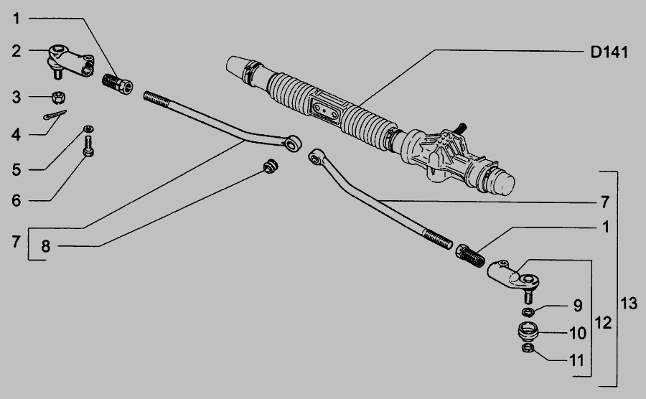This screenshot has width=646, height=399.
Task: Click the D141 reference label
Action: tap(609, 52)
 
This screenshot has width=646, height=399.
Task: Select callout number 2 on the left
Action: tap(16, 51)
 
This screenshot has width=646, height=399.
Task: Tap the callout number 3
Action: tap(16, 98)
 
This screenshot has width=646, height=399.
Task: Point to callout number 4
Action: tap(16, 134)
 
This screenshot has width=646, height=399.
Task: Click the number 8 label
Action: tap(45, 246)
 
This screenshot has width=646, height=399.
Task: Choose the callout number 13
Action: tap(629, 304)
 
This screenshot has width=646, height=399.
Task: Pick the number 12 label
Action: tap(604, 323)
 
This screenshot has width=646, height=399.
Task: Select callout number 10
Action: tap(578, 333)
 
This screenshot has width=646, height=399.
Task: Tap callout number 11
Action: tap(577, 360)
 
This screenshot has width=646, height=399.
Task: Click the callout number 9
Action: tap(578, 306)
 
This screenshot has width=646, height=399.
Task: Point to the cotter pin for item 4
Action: tap(55, 115)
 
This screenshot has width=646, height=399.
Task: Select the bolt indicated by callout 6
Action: tap(88, 147)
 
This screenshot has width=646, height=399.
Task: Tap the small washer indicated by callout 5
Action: tap(88, 129)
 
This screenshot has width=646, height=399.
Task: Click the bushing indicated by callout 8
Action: tap(271, 166)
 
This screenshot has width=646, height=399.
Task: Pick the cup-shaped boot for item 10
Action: tap(528, 331)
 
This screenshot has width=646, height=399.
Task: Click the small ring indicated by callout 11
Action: tap(528, 348)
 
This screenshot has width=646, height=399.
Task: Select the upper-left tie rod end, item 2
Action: tap(71, 62)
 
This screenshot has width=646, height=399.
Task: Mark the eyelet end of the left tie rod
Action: tap(294, 143)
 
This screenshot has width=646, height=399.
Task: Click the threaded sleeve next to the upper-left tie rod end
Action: tap(118, 83)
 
